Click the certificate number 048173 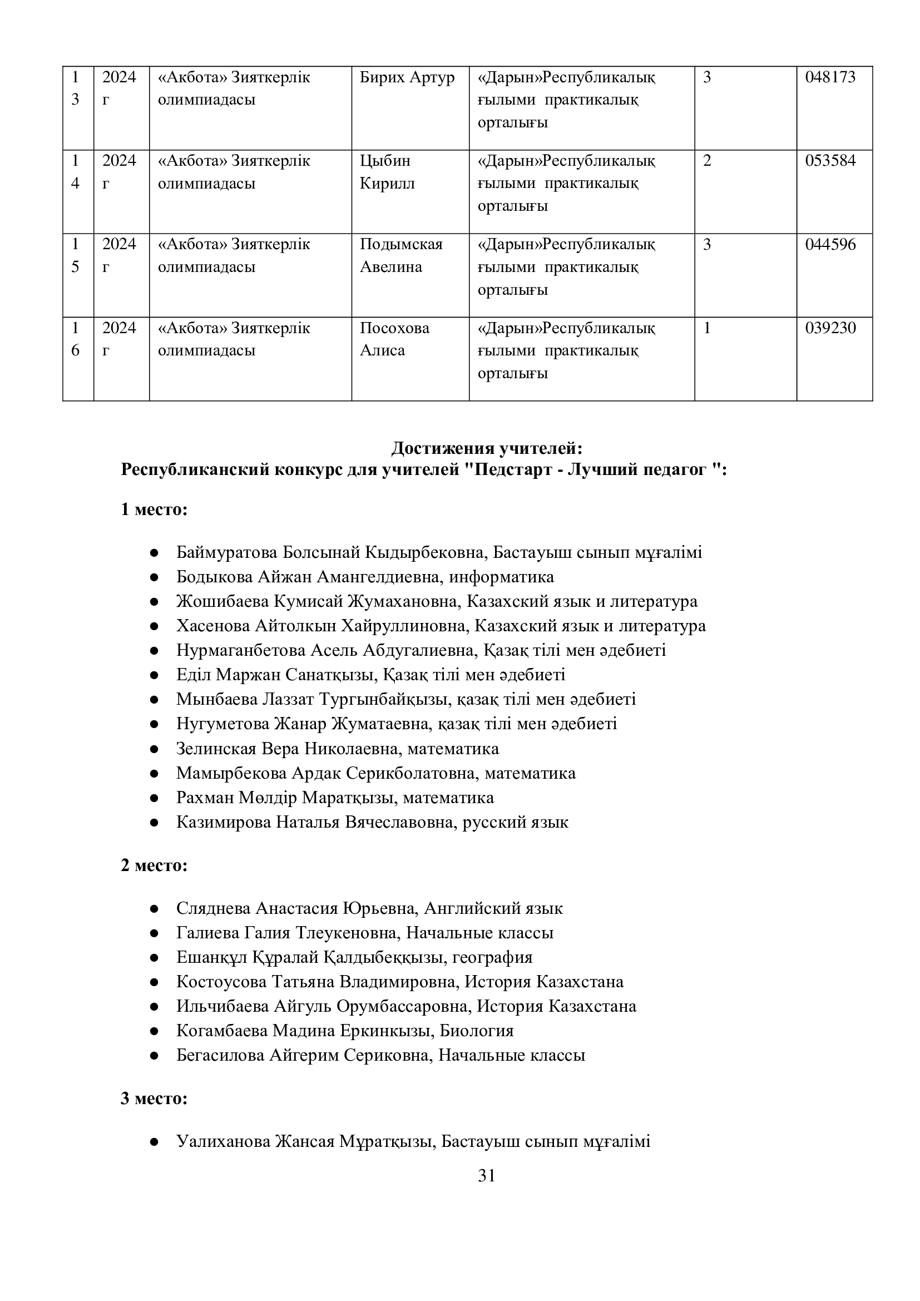point(830,78)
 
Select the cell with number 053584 point(830,161)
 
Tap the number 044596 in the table point(830,245)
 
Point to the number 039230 point(830,328)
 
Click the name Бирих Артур point(407,78)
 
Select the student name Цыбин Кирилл point(387,172)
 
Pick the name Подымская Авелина point(400,255)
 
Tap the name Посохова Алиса point(394,339)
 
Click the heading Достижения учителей point(487,448)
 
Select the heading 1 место point(154,509)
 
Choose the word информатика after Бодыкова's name point(501,577)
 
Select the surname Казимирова point(223,822)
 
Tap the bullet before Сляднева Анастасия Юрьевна point(154,909)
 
